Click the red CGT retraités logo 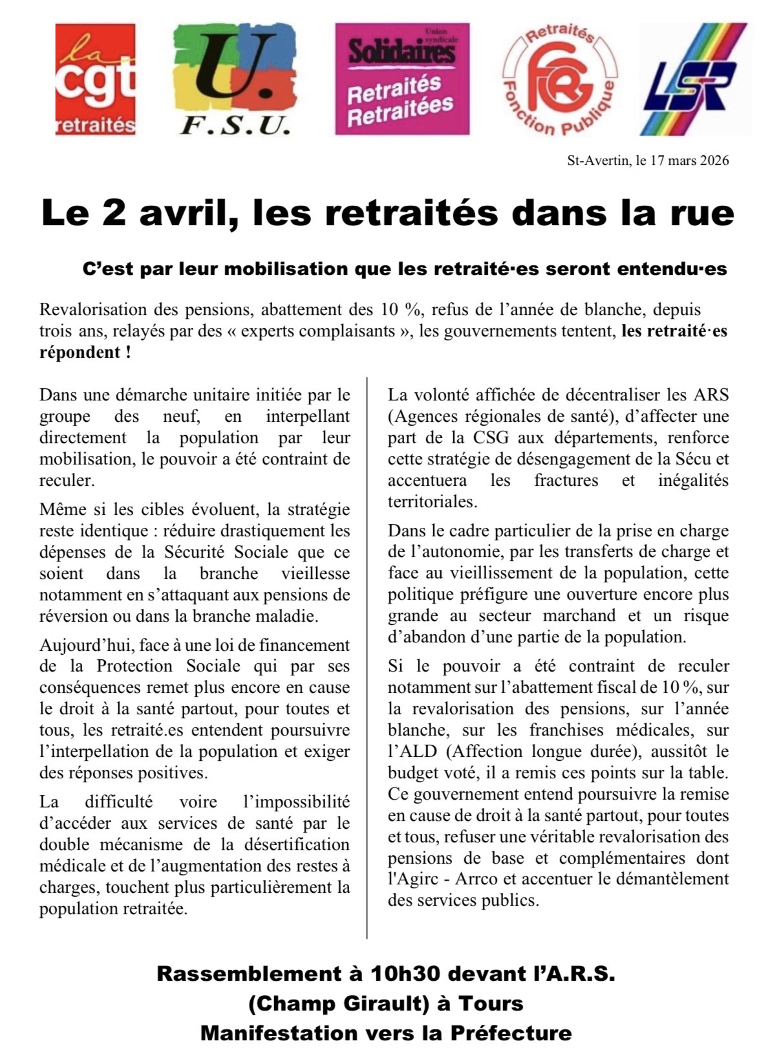pos(96,80)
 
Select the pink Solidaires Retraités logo pos(402,79)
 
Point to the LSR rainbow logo pos(692,80)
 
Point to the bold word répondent pos(80,353)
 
